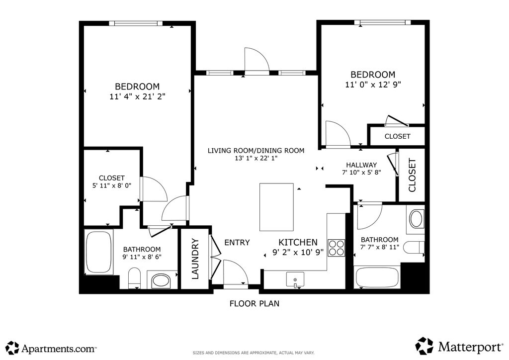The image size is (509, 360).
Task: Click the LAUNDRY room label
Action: point(195,259)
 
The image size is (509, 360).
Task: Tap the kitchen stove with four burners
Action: point(336,248)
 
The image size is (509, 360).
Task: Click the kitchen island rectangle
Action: point(276,207)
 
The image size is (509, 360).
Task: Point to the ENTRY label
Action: point(237,243)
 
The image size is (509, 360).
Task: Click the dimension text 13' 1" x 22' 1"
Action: point(256,159)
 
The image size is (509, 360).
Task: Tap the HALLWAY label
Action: point(361,165)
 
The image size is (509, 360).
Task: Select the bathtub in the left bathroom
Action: point(99,252)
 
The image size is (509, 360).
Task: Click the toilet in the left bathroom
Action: point(134,278)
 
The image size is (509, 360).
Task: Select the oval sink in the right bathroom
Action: point(416,219)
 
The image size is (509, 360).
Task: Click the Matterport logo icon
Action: point(424,346)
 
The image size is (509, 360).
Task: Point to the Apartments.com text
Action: point(59,349)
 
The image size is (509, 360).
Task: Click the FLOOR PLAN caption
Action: point(254,303)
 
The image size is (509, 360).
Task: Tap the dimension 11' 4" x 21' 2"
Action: point(137,97)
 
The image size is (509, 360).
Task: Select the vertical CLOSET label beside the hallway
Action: point(412,176)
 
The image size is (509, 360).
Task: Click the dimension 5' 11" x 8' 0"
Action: point(112,185)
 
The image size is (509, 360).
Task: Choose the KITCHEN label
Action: point(298,242)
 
